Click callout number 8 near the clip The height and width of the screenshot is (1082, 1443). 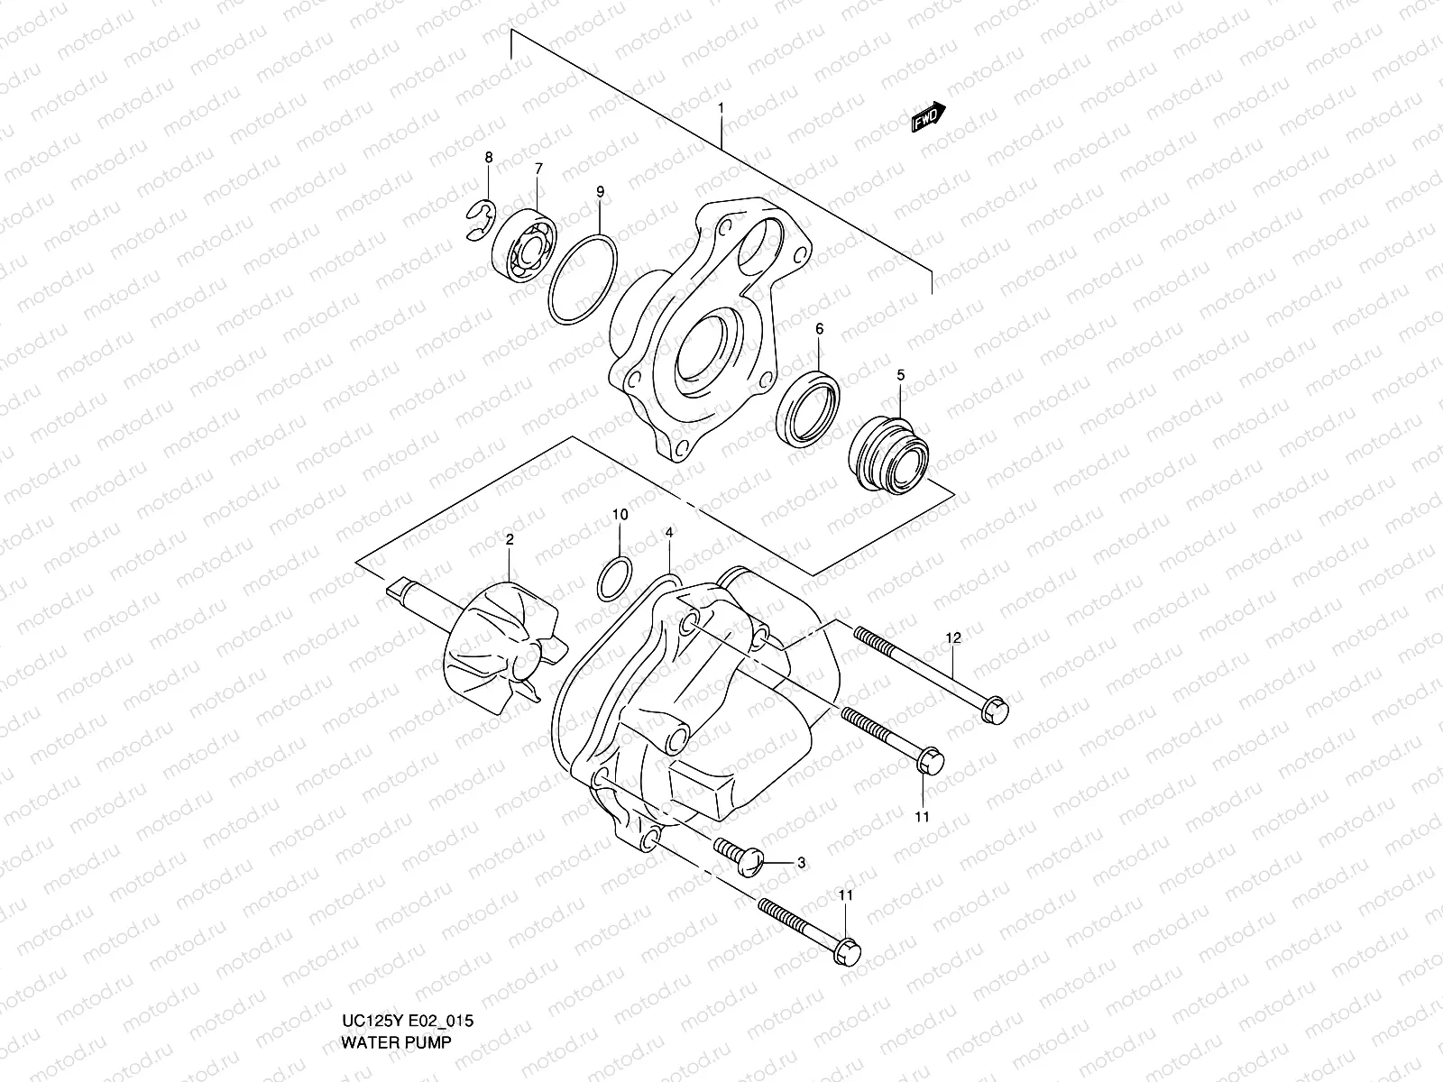[489, 158]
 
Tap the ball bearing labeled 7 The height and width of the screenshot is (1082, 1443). [525, 242]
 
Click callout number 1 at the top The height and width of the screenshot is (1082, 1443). [721, 108]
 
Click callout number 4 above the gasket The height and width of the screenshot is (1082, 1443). [668, 534]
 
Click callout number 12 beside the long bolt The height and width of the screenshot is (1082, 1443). [953, 638]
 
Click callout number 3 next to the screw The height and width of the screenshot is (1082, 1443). [801, 863]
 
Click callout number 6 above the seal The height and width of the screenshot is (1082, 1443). [819, 329]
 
